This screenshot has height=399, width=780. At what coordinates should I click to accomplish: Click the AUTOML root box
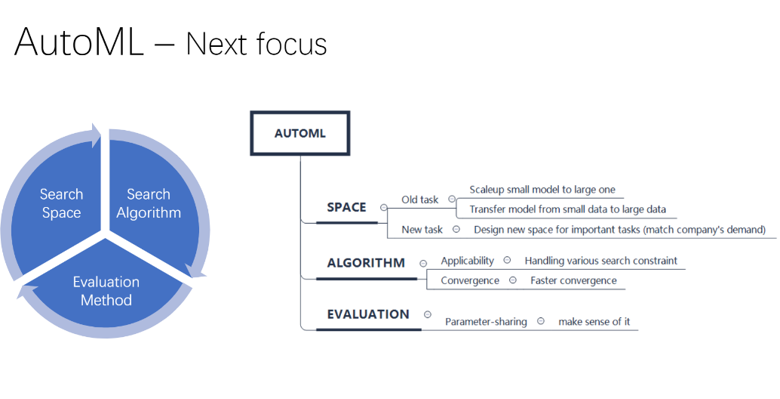[300, 134]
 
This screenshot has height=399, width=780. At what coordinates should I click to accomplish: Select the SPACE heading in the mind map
[346, 208]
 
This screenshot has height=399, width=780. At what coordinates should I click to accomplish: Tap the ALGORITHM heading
[366, 264]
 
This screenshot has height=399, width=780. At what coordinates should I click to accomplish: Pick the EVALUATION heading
[368, 314]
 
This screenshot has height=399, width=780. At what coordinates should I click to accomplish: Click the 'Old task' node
[419, 200]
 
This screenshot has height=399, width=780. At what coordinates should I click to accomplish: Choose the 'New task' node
[422, 229]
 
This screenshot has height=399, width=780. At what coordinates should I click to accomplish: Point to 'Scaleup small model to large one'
[547, 190]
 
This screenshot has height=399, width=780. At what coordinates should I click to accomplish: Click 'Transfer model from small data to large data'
[567, 209]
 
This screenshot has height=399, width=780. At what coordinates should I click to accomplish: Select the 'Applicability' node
[467, 261]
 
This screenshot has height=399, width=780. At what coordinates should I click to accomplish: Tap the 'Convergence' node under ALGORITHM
[470, 280]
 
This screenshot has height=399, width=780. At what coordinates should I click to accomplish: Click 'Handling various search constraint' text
[600, 261]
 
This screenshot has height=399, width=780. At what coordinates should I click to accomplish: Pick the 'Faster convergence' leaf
[573, 280]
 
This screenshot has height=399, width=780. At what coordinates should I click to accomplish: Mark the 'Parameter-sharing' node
[485, 322]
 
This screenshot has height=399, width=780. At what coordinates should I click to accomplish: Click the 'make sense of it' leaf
[594, 322]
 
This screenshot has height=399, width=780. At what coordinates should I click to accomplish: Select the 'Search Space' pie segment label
[61, 204]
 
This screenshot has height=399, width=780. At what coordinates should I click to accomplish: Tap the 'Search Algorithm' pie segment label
[149, 204]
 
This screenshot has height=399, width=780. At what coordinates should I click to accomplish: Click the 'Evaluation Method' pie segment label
[106, 291]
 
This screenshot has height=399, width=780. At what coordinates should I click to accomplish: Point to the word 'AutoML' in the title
[79, 42]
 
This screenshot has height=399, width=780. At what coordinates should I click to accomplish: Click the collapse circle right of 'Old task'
[452, 199]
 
